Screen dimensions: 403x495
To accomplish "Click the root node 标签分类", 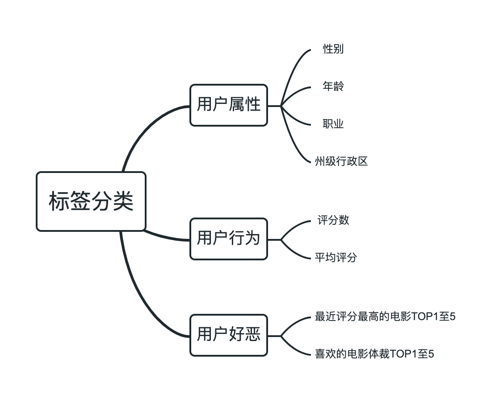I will tap(91, 201).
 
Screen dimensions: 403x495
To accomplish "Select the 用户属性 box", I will tap(228, 105).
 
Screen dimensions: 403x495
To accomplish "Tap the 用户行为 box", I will tap(228, 239).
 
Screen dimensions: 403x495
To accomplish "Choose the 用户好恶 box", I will tap(228, 335).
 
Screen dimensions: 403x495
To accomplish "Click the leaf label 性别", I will tap(333, 49).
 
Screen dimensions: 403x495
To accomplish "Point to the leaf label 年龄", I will tap(333, 86).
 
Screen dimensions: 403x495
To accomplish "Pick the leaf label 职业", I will tap(333, 124).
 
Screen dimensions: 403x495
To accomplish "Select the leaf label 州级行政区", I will tap(341, 161).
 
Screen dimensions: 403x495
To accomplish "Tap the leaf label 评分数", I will tap(333, 220).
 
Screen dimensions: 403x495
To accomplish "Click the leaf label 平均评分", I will tap(336, 258).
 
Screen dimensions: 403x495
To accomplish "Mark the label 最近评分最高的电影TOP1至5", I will tap(385, 317).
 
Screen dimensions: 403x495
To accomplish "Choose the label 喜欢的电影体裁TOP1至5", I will tap(374, 354).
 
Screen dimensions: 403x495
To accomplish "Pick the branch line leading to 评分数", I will tap(295, 227).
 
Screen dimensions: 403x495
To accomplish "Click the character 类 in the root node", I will tap(123, 201).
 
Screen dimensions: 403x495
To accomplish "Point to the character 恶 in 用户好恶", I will tap(253, 335).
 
